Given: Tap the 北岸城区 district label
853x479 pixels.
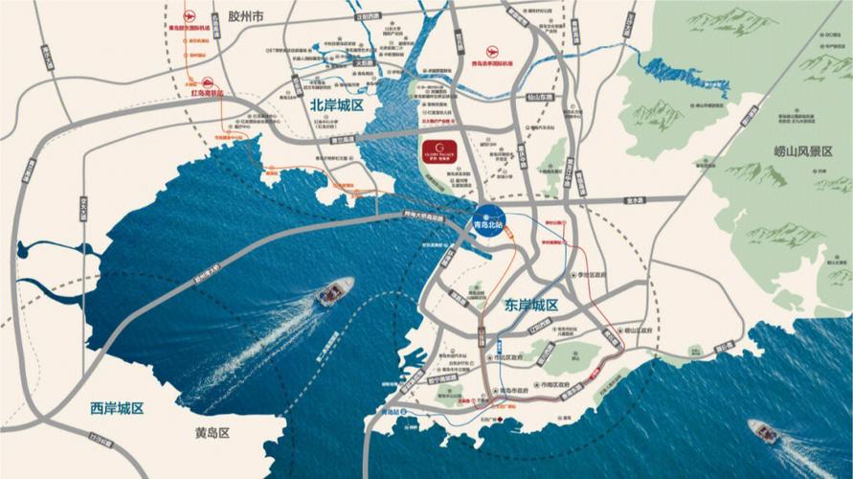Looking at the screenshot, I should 337,105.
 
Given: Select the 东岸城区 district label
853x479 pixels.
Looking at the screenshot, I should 531,305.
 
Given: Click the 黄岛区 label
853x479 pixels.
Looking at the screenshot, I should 212,433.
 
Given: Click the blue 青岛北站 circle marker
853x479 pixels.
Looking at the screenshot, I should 488,218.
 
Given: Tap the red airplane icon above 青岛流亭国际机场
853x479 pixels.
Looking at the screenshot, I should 495,51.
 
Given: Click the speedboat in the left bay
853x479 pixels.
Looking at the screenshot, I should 331,289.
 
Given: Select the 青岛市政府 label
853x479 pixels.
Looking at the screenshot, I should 514,392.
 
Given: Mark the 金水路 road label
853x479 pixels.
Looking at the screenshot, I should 631,200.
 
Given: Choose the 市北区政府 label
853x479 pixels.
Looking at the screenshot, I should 507,356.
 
